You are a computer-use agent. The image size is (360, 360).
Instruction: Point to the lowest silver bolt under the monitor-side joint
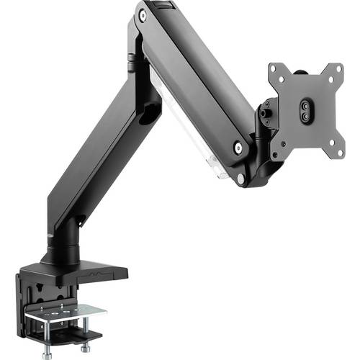point(240,177)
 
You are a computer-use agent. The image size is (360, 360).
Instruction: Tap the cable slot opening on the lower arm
point(148,111)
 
